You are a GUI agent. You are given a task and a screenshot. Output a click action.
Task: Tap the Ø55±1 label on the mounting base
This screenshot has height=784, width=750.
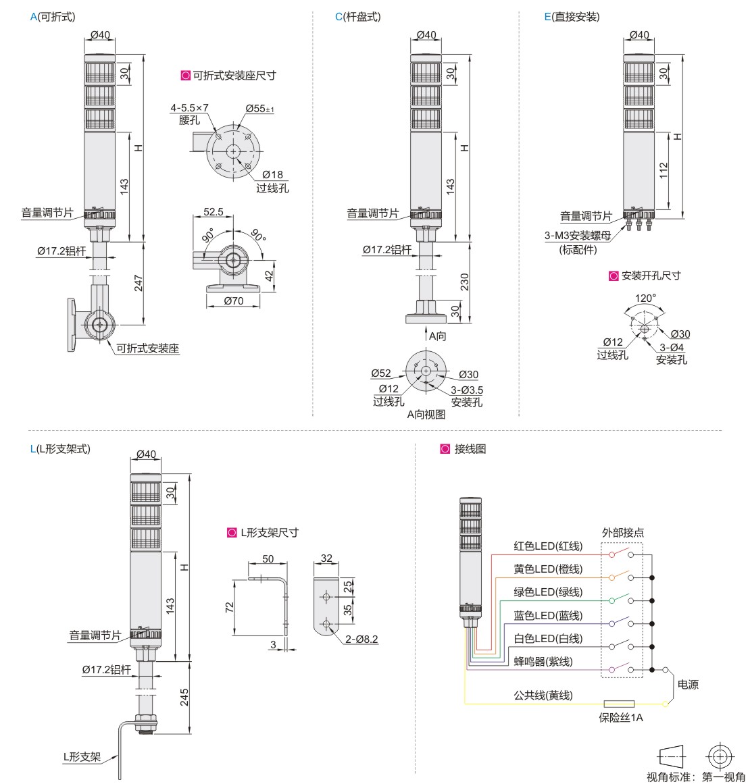click(x=259, y=108)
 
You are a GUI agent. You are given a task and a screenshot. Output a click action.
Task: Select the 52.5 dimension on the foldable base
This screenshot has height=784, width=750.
click(x=213, y=212)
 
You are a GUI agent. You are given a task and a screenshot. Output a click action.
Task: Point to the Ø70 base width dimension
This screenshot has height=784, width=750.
click(x=233, y=301)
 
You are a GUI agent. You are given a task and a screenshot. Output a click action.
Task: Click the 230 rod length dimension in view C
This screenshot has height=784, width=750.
click(x=464, y=282)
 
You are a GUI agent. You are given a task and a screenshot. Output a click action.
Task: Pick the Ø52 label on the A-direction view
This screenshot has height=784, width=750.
click(x=381, y=373)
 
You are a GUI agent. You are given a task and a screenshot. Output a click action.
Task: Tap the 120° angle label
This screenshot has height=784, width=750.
click(x=645, y=297)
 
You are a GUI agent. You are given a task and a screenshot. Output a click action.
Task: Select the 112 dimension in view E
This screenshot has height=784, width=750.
click(x=664, y=170)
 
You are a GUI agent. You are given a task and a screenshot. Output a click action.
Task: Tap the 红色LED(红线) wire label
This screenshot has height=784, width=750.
click(x=547, y=546)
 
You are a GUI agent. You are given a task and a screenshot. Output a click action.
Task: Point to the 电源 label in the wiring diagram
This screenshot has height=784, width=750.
click(x=688, y=685)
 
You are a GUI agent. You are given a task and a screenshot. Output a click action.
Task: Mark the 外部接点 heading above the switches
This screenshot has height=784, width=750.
click(x=622, y=532)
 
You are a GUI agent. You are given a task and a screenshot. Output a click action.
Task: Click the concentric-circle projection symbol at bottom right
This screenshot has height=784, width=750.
click(x=720, y=755)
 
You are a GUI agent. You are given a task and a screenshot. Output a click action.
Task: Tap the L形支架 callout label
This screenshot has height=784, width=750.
click(x=82, y=757)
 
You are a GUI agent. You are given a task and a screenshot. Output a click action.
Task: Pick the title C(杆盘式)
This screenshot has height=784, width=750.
click(x=357, y=17)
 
